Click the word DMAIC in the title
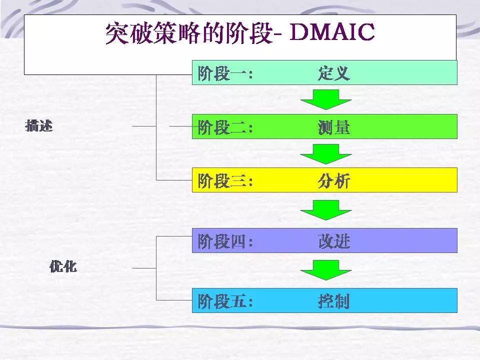(x=332, y=32)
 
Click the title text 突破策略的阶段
(x=189, y=33)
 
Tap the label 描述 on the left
(x=39, y=126)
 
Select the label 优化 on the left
(x=63, y=266)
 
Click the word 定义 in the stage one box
(x=333, y=73)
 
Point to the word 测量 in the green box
(x=333, y=127)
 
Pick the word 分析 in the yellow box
(x=333, y=181)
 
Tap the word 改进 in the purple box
(x=333, y=241)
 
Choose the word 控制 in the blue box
(x=333, y=301)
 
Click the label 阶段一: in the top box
(x=225, y=74)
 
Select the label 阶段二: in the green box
(x=225, y=127)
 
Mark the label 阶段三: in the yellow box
(x=225, y=181)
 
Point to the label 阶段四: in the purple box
(x=225, y=241)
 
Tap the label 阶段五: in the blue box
(x=225, y=301)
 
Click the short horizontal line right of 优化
(x=144, y=268)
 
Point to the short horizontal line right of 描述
(x=144, y=126)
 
